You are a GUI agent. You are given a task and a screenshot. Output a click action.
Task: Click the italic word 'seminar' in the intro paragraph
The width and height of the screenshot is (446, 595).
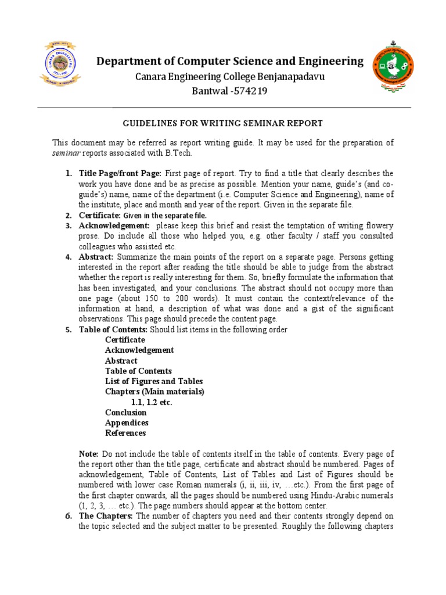click(x=64, y=153)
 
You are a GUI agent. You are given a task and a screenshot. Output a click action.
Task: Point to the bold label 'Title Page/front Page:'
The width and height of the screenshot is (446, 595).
click(x=121, y=173)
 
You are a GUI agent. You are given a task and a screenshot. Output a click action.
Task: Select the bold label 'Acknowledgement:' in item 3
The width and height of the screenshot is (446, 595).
click(x=114, y=225)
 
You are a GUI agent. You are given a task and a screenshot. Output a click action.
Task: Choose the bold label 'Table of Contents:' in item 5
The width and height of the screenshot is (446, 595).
click(x=114, y=330)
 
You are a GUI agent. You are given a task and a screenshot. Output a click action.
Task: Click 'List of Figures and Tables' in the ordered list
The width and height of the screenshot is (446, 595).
click(x=154, y=381)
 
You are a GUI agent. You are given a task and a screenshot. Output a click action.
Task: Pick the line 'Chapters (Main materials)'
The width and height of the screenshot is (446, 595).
click(x=154, y=392)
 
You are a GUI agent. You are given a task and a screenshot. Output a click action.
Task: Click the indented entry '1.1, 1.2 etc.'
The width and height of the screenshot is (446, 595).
click(x=152, y=402)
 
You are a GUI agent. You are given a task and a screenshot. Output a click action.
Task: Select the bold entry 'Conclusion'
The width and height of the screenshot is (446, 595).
click(x=125, y=413)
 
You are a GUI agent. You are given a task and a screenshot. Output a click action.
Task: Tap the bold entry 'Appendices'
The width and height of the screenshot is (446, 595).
click(x=127, y=422)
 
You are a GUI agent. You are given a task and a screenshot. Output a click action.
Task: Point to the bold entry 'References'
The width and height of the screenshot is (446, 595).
click(x=125, y=433)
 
